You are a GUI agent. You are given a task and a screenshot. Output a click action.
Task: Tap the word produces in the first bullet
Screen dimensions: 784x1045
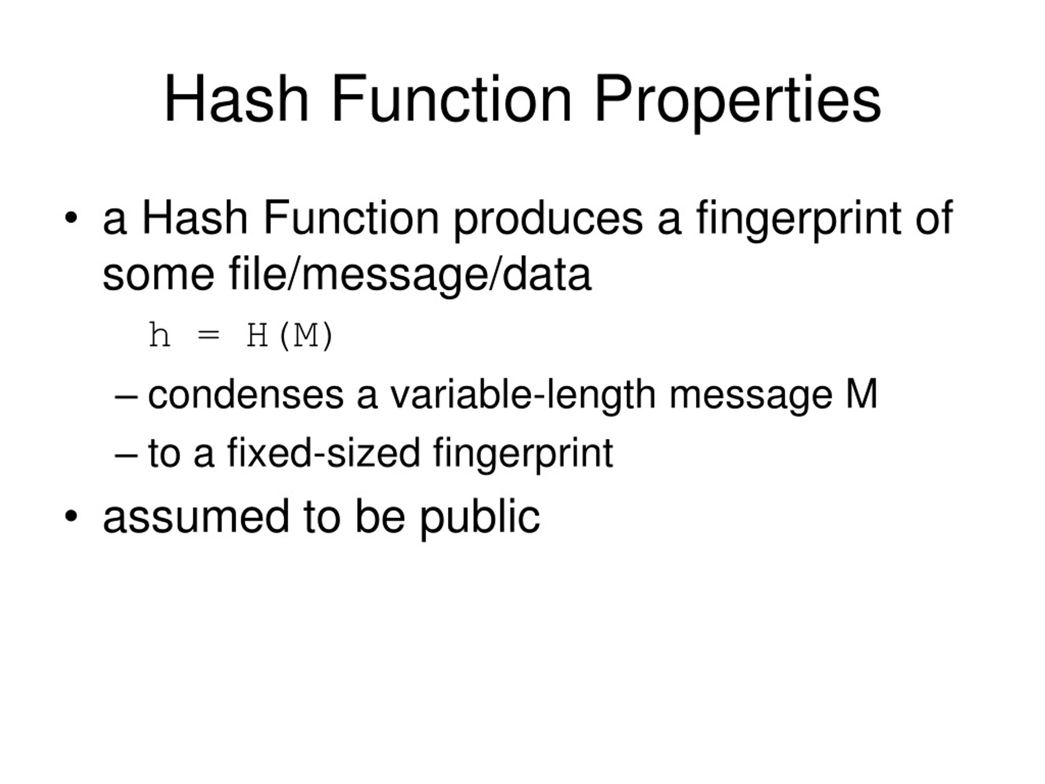548,218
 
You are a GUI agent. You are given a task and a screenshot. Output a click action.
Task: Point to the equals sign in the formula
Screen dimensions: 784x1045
208,336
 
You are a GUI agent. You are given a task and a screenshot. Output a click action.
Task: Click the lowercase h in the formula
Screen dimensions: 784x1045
159,335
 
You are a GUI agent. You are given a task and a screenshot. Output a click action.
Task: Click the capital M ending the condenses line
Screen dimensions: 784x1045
861,394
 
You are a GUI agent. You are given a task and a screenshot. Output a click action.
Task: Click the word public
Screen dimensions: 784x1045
480,517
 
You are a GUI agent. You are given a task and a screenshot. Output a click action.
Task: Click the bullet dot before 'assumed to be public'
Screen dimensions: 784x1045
71,516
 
